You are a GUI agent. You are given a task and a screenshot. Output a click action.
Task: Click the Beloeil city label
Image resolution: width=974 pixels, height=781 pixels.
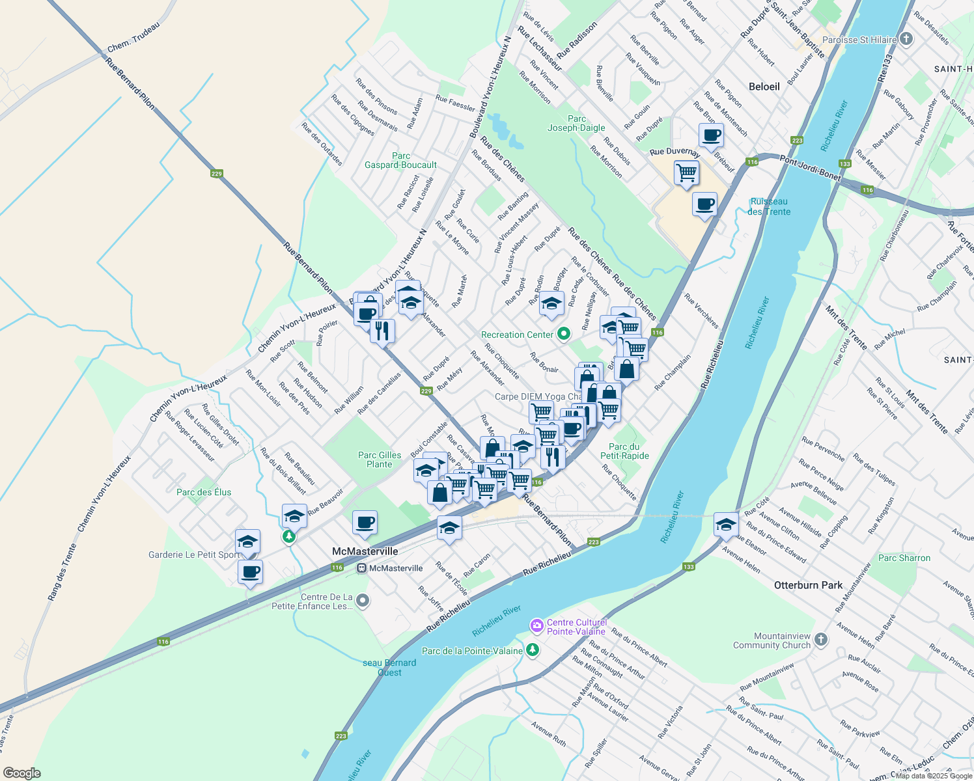coord(764,87)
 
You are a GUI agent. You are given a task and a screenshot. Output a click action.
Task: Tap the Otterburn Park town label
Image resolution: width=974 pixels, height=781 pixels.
coord(808,585)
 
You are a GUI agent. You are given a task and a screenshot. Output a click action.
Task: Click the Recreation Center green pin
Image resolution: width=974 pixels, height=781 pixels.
coord(564,335)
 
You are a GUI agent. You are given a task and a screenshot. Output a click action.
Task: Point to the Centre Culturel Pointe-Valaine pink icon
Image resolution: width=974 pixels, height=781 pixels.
coord(536,626)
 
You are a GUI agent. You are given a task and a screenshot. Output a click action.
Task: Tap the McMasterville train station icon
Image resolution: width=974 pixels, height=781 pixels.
coord(361,568)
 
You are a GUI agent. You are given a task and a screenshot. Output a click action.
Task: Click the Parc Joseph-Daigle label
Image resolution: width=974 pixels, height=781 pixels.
coord(576,123)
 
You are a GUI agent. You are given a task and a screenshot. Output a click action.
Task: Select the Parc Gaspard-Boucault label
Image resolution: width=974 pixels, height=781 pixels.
coord(400,160)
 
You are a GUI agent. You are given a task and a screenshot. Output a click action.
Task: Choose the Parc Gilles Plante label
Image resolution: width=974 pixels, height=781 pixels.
coord(380,459)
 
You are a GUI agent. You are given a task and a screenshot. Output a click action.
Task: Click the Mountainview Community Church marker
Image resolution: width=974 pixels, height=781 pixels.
coord(820,640)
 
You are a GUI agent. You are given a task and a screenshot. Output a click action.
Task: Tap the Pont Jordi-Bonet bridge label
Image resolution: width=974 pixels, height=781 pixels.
coord(810,168)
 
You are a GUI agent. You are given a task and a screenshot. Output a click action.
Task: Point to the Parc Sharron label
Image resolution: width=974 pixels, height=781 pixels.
coord(904,558)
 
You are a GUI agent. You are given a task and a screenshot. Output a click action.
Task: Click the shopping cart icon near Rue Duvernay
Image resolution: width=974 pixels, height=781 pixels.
coord(686,174)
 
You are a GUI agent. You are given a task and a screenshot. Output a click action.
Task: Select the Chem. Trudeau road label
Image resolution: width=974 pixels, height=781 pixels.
coord(133,36)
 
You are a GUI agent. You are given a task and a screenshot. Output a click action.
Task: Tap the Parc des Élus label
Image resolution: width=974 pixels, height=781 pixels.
coord(204,492)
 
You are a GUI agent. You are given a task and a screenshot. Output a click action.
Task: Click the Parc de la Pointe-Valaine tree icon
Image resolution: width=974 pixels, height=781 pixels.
coord(533,650)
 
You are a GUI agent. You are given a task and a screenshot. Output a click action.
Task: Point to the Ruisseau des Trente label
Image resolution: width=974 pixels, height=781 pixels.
coord(769,206)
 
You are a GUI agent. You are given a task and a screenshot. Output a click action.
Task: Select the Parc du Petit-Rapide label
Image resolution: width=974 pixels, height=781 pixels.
coord(624,451)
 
